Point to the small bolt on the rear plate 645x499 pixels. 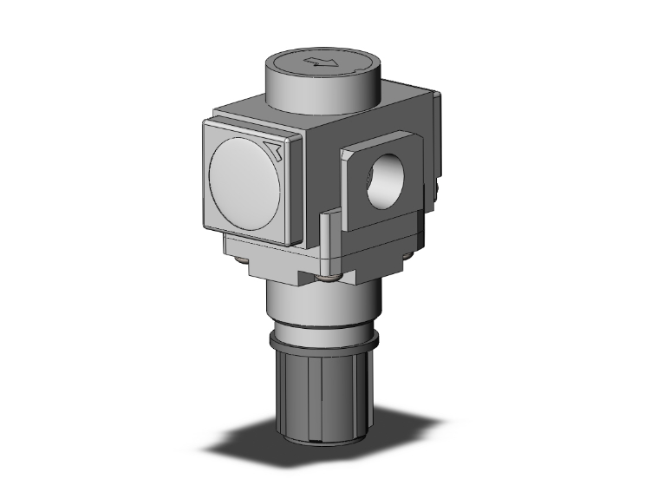pyautogui.click(x=441, y=184)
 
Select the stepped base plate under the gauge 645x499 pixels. pyautogui.click(x=269, y=260)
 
